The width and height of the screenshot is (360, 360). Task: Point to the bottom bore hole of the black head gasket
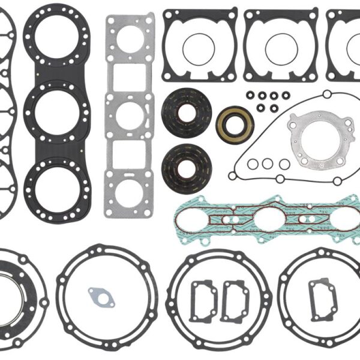[56, 184]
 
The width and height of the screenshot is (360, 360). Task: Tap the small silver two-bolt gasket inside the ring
[100, 295]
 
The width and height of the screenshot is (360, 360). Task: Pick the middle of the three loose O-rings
[268, 164]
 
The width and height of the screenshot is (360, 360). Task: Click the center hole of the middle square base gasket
[280, 49]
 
